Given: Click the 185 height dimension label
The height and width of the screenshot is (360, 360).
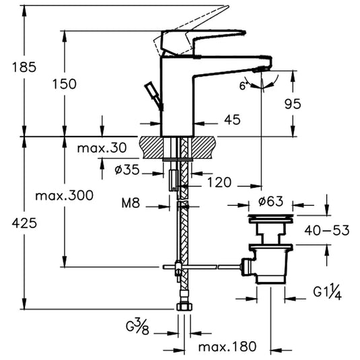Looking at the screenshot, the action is tap(24, 67).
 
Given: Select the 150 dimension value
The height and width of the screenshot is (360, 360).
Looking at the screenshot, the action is tap(65, 84).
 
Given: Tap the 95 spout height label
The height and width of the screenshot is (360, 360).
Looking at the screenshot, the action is tap(293, 104).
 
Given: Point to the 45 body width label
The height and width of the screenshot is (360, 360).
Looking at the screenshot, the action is tap(232, 120).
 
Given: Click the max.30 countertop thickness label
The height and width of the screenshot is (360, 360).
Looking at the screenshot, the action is tap(102, 148).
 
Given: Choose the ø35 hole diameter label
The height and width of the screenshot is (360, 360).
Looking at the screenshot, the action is tap(127, 170).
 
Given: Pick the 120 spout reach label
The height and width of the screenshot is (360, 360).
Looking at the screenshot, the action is tap(219, 182).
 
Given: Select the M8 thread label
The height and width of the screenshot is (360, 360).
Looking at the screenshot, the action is tap(131, 203).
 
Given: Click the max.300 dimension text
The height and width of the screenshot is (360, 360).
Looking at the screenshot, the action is tap(65, 196).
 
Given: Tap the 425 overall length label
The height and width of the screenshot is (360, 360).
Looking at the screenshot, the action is tap(24, 223).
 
